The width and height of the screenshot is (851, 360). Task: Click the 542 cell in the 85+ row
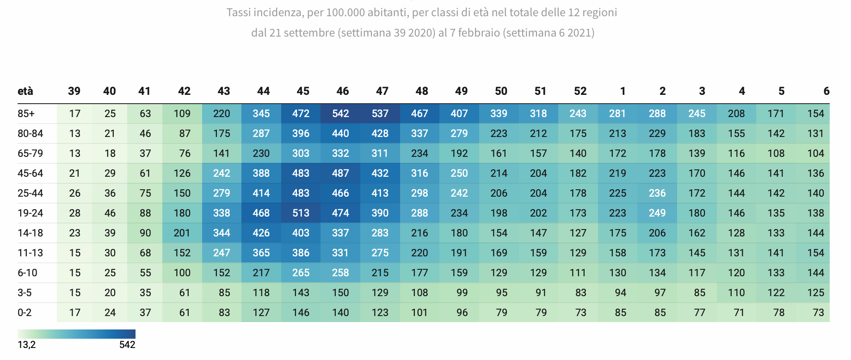(x=340, y=113)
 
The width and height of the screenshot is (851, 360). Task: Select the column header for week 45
(x=303, y=91)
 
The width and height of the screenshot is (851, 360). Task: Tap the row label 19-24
(x=31, y=213)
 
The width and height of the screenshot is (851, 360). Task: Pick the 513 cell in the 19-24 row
(x=301, y=213)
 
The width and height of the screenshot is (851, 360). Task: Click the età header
(x=25, y=91)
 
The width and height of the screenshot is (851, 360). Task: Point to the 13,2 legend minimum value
(x=27, y=345)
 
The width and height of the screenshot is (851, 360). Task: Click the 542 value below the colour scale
(x=127, y=345)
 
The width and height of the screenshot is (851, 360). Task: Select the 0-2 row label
(x=25, y=312)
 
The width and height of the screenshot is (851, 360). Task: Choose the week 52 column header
(x=580, y=91)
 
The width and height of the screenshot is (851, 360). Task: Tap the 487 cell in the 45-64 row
(x=340, y=173)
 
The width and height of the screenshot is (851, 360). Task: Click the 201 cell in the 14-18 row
(x=182, y=233)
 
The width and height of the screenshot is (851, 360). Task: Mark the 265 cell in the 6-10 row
(x=301, y=273)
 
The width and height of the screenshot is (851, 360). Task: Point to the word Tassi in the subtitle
(x=239, y=12)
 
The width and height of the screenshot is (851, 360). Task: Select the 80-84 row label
(x=31, y=133)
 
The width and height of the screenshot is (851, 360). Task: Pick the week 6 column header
(x=826, y=91)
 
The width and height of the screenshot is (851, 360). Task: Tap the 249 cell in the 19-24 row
(x=657, y=213)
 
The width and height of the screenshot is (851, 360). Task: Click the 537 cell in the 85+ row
(x=380, y=113)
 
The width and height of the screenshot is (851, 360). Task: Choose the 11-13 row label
(x=31, y=253)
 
